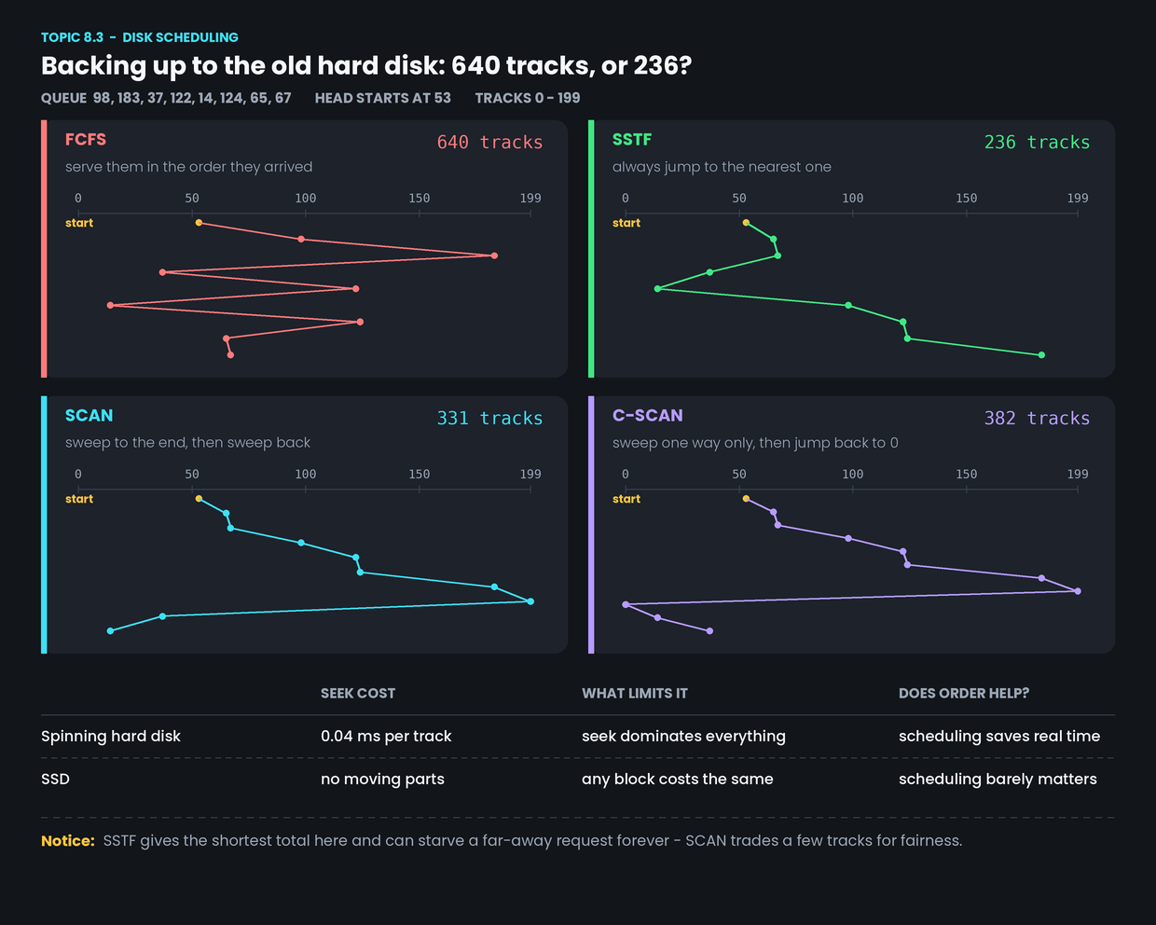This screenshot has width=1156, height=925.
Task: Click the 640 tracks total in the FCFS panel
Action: click(489, 142)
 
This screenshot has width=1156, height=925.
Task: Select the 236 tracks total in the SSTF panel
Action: click(1037, 142)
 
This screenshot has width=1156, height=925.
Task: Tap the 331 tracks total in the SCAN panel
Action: click(489, 418)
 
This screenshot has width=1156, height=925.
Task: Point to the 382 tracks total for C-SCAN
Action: click(1037, 418)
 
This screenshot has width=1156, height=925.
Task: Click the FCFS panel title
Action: click(86, 139)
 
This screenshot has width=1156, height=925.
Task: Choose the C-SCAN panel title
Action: click(647, 416)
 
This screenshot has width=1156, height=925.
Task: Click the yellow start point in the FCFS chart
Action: click(199, 223)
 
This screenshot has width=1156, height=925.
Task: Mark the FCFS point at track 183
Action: click(494, 255)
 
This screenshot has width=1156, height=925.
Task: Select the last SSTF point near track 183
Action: click(1041, 354)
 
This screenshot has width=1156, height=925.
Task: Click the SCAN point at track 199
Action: click(530, 601)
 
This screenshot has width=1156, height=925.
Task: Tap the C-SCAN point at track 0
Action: click(626, 604)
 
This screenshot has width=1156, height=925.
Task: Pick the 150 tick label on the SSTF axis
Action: click(967, 199)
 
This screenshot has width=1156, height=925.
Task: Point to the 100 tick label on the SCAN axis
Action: click(306, 474)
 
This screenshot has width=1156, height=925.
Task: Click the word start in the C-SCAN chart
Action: click(626, 499)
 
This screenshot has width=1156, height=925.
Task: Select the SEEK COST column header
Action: click(358, 694)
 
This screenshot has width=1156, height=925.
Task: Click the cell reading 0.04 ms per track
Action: click(386, 736)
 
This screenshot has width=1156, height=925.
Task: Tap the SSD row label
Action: click(55, 779)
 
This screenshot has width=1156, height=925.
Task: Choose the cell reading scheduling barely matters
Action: click(998, 779)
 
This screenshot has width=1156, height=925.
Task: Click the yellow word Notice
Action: click(68, 841)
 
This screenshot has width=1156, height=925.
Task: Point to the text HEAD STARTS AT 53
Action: click(382, 98)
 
